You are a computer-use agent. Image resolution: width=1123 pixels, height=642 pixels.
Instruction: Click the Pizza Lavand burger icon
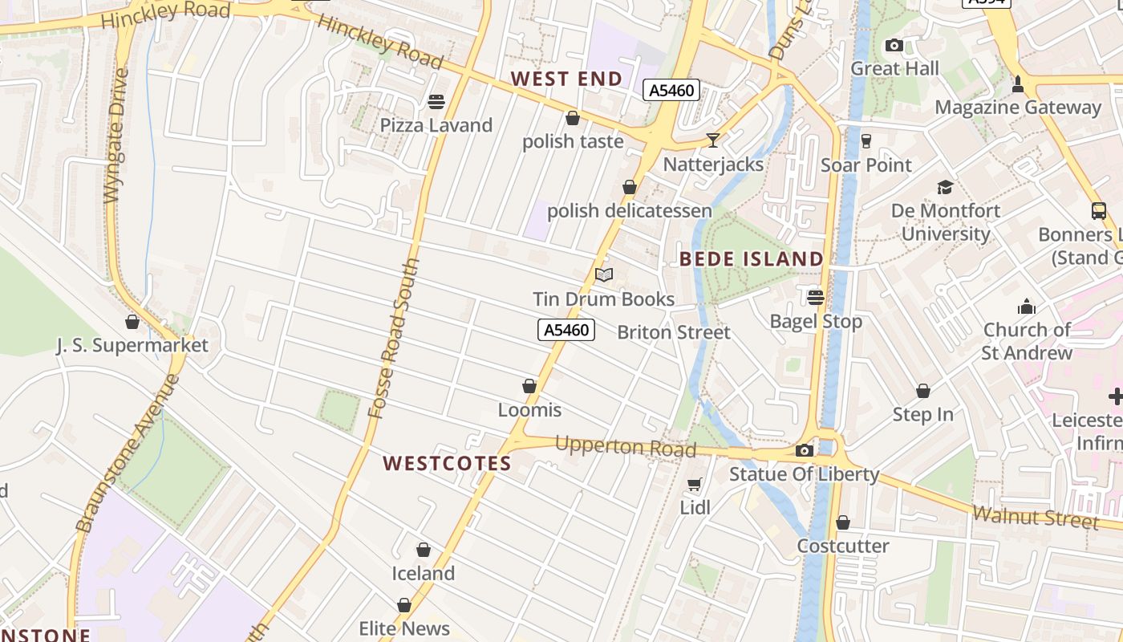click(436, 102)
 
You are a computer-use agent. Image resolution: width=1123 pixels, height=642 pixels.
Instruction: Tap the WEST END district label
click(566, 79)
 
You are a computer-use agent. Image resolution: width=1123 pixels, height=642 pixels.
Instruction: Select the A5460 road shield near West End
click(671, 90)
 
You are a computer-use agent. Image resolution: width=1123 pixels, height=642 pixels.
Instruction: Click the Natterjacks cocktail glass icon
click(712, 140)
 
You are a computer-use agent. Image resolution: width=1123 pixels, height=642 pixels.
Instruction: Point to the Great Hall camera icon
click(894, 46)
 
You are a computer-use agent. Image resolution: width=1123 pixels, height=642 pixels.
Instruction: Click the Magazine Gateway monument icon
click(1018, 83)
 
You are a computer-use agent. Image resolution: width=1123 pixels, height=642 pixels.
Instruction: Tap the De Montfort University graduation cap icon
click(946, 187)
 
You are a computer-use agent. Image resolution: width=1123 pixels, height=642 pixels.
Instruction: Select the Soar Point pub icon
click(866, 141)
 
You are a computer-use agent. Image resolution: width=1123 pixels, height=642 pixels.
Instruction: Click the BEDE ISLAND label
click(752, 258)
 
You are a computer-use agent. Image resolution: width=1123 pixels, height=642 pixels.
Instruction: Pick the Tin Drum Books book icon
click(604, 275)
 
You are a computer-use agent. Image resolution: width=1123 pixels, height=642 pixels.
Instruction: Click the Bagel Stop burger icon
click(816, 298)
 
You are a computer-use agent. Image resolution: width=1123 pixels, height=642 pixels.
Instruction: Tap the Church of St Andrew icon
click(1027, 307)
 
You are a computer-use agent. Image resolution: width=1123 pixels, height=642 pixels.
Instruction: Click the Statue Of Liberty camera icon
click(804, 451)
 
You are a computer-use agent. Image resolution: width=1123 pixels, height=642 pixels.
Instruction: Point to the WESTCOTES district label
click(447, 463)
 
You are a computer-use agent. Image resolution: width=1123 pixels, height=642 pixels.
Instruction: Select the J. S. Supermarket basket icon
click(132, 322)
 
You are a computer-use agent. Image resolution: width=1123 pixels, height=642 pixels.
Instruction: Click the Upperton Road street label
click(625, 446)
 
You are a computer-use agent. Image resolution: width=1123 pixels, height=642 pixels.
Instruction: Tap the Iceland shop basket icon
click(424, 550)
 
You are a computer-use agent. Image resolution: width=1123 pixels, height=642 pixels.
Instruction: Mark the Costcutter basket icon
click(842, 523)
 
